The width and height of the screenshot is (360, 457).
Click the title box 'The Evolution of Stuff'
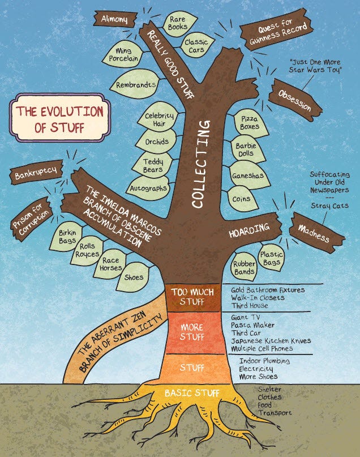click(59, 119)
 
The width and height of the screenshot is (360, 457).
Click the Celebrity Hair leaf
click(158, 119)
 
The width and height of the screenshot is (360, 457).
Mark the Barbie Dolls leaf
click(247, 150)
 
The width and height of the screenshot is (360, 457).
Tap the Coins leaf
click(242, 199)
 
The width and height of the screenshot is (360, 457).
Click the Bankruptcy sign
click(36, 176)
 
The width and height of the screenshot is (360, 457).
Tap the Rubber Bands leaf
click(244, 266)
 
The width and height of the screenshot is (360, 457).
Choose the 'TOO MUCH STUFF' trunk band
click(192, 296)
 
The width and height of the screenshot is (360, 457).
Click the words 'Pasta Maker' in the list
click(252, 326)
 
